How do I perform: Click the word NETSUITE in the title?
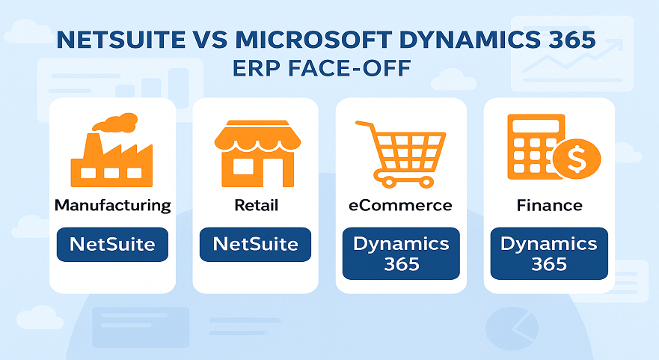121,40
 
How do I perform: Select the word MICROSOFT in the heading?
313,40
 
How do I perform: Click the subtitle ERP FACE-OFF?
322,68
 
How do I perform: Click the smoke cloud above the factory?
115,122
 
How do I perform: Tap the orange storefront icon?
257,153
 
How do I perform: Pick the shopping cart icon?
400,154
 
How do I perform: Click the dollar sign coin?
577,159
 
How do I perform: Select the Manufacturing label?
113,205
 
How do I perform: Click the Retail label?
257,205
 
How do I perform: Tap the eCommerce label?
400,205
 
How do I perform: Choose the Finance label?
550,205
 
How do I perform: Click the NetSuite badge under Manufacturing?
113,244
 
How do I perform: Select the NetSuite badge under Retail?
256,244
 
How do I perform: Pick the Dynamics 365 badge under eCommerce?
402,254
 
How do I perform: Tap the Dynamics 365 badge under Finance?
549,254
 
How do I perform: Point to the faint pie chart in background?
512,328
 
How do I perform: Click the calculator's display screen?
536,126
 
